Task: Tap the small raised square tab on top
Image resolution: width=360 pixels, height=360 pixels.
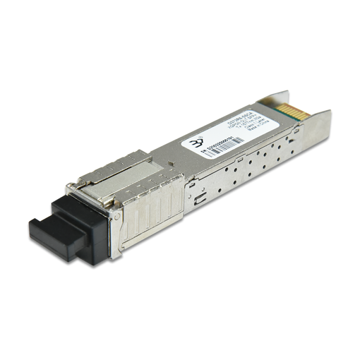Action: pos(171,163)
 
